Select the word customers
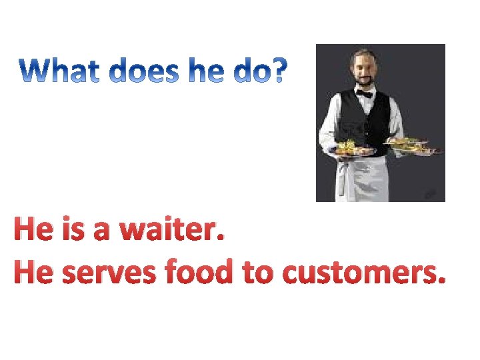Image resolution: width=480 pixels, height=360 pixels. tap(362, 273)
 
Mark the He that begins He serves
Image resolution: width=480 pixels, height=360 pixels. tap(33, 273)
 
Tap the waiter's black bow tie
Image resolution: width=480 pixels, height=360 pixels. tap(364, 95)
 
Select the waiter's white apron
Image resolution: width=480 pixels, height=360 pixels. tap(360, 177)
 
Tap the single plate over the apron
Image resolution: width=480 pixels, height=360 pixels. tap(354, 149)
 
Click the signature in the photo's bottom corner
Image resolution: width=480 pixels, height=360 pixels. tap(431, 193)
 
